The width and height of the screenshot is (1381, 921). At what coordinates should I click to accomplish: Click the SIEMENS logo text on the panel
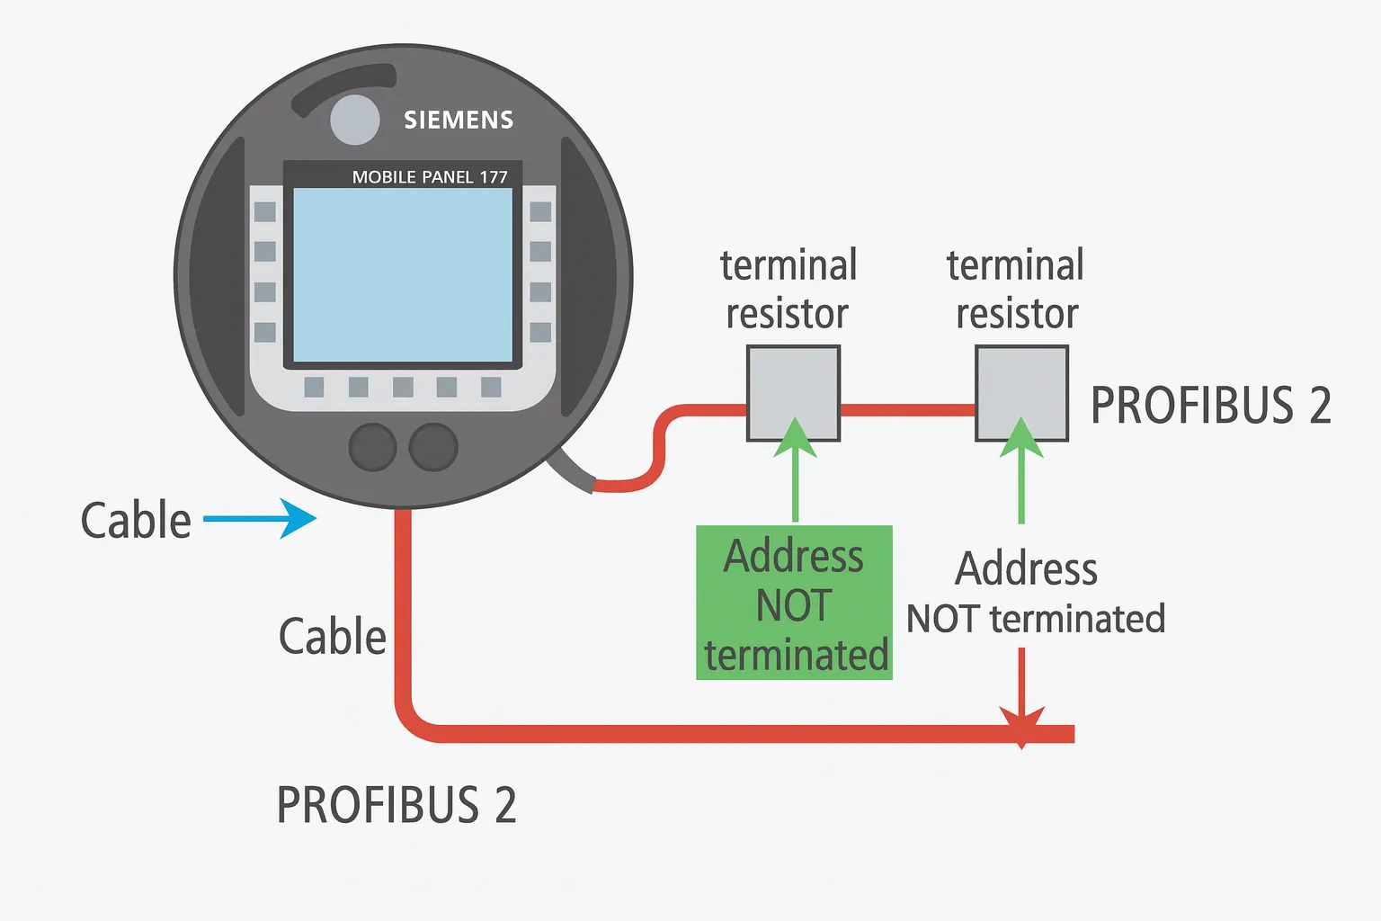(x=459, y=120)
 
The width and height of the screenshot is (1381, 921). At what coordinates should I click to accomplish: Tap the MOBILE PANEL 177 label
(x=430, y=177)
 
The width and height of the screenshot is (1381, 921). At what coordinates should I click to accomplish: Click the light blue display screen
(x=403, y=274)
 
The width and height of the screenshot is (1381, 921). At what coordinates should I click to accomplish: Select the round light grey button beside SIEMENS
(x=355, y=120)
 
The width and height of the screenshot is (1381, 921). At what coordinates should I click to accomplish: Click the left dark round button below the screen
(x=372, y=447)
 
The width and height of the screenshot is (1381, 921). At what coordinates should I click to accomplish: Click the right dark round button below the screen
(x=433, y=447)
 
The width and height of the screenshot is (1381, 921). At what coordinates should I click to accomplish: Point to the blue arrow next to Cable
(x=261, y=519)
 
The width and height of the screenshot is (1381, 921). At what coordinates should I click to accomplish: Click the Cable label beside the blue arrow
(x=136, y=521)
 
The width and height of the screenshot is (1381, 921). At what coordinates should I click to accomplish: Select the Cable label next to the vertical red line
(x=332, y=637)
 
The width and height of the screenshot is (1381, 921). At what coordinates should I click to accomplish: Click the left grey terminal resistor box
(x=793, y=393)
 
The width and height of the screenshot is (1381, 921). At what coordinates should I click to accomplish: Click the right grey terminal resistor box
(x=1021, y=393)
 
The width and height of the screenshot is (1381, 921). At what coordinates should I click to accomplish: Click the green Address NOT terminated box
(x=795, y=604)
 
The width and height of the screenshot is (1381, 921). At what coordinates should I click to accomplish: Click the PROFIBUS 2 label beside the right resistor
(x=1210, y=406)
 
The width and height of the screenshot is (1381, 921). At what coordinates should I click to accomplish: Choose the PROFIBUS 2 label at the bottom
(x=396, y=805)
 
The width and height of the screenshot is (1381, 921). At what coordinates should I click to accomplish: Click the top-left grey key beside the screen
(x=265, y=212)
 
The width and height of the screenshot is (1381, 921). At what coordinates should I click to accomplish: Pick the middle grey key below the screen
(x=403, y=387)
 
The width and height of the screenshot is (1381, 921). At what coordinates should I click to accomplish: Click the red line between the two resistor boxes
(x=908, y=410)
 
